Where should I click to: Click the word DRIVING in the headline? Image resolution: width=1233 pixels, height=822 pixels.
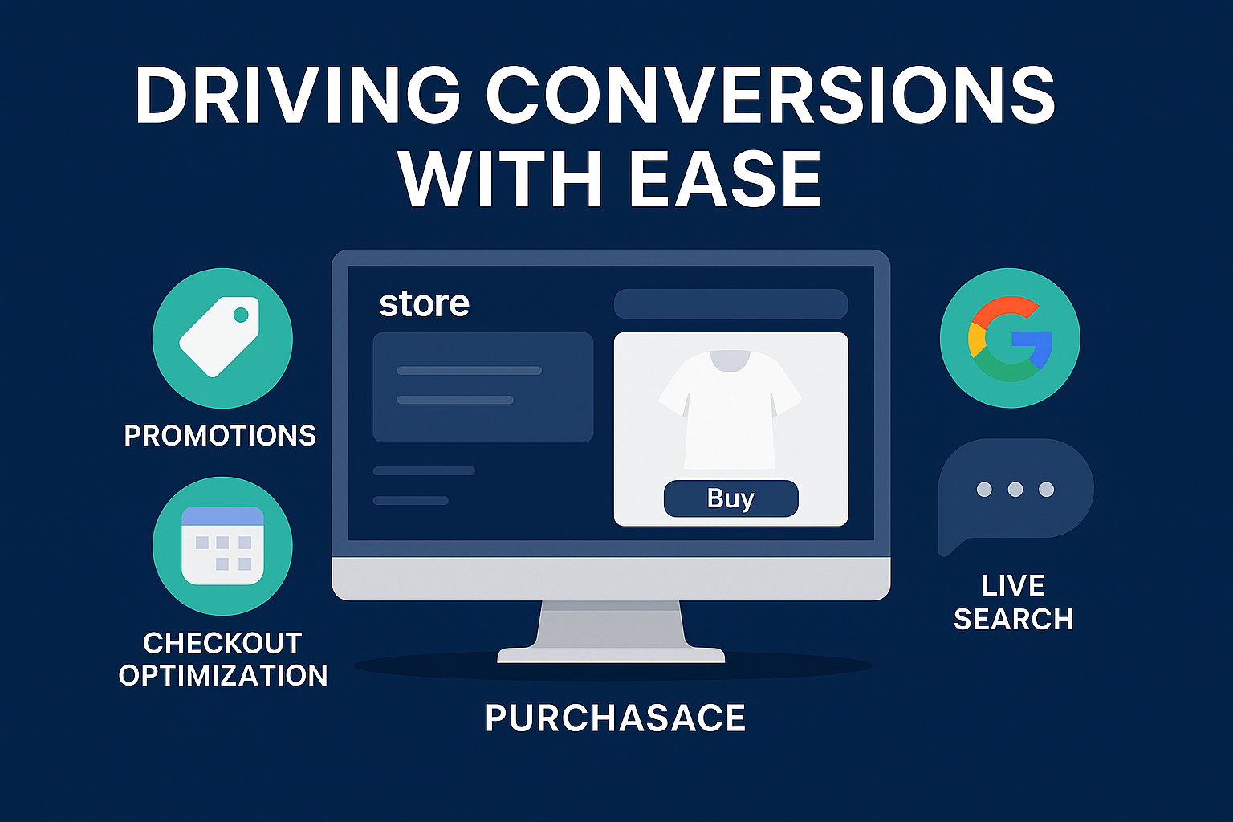(x=297, y=96)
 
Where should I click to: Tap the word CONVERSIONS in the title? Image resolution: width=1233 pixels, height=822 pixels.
(x=770, y=96)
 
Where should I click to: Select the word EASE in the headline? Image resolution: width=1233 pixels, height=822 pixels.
(x=725, y=179)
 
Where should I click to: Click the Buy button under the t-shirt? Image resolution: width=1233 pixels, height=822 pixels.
(x=731, y=498)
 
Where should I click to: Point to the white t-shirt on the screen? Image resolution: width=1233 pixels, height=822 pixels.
(x=730, y=409)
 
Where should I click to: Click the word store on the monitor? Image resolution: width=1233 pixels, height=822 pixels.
(x=424, y=303)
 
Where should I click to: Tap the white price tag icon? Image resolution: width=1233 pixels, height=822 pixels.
(x=220, y=337)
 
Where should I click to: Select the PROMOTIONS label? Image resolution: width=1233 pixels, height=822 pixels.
(x=220, y=436)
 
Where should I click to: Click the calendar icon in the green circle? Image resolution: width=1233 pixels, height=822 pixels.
(x=222, y=546)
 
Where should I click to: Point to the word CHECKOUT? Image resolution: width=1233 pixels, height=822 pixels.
(x=222, y=643)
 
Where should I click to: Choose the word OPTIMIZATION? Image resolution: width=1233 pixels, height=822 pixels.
(x=223, y=675)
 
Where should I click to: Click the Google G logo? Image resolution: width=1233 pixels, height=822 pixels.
(x=1011, y=339)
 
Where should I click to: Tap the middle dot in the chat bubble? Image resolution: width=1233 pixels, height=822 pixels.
(x=1015, y=489)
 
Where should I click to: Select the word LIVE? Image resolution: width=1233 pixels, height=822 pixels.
(x=1013, y=585)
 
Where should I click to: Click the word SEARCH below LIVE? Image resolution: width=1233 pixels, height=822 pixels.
(x=1013, y=619)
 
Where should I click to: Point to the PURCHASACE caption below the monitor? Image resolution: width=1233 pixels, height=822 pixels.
(x=616, y=718)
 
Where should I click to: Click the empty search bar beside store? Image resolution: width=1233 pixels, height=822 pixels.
(x=731, y=304)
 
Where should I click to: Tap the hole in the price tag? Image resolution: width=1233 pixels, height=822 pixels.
(x=241, y=315)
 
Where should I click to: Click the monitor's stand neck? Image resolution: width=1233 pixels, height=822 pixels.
(x=611, y=625)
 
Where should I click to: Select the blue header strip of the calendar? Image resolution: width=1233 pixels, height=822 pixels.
(x=222, y=516)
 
